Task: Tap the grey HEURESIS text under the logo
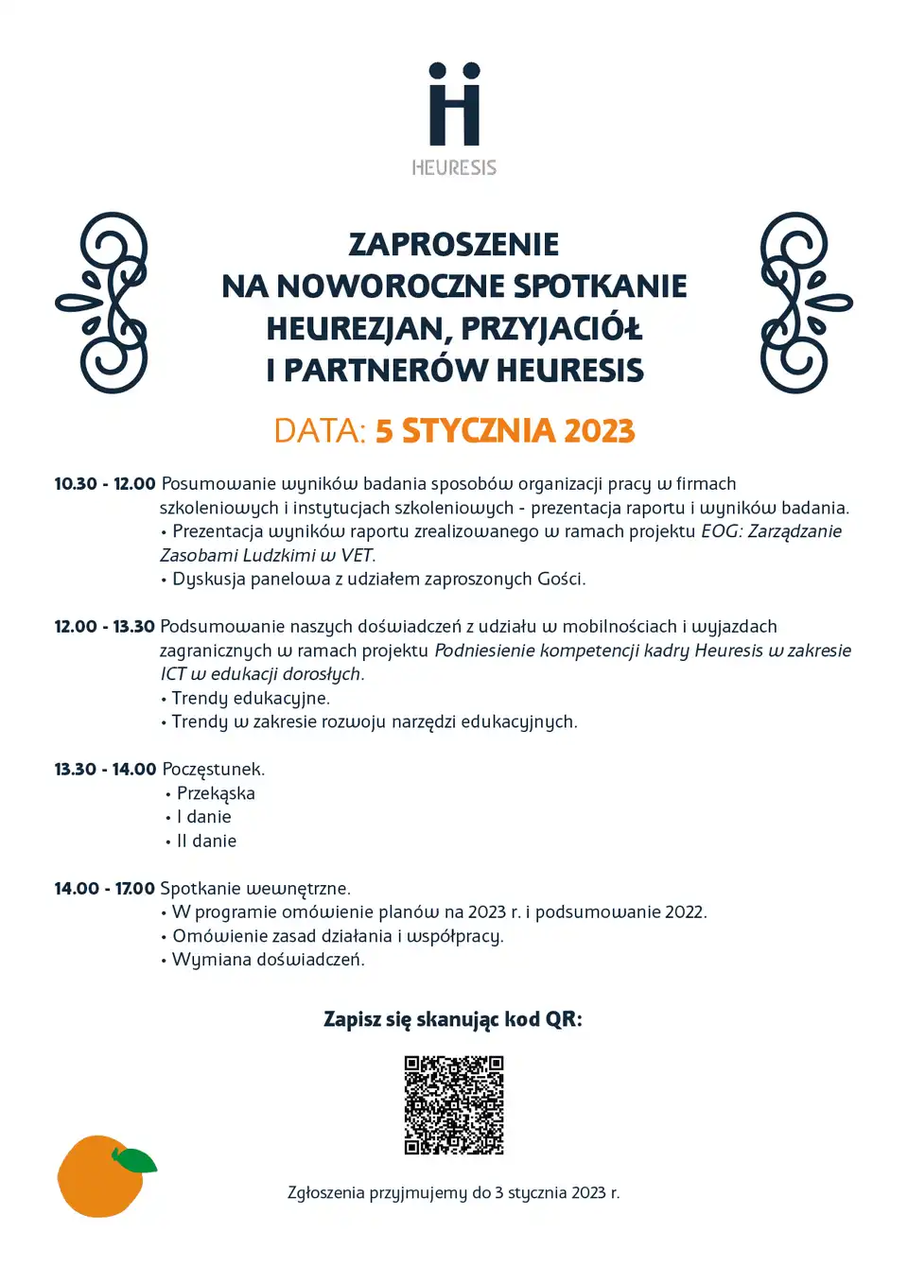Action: click(454, 167)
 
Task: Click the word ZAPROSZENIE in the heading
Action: click(454, 244)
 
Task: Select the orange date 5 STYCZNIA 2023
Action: click(505, 430)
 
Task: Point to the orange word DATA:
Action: click(320, 430)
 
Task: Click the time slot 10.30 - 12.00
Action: click(104, 484)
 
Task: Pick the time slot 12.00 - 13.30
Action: click(104, 627)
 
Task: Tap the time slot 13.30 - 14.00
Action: click(105, 770)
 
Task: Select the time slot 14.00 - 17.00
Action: click(104, 889)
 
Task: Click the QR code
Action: click(454, 1105)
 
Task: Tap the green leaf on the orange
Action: click(134, 1160)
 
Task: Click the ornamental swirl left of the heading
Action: click(103, 303)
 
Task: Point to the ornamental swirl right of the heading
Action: click(805, 303)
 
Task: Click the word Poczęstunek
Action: click(213, 770)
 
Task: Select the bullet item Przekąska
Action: click(216, 793)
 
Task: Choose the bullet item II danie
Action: click(206, 841)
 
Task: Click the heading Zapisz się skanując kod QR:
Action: click(453, 1019)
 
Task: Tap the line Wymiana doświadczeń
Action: click(268, 960)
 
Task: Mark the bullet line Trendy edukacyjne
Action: click(251, 698)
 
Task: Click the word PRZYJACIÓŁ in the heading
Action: click(550, 328)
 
